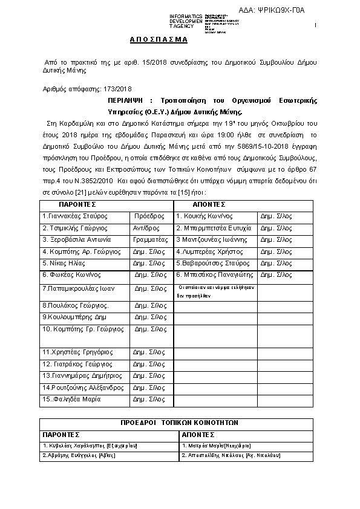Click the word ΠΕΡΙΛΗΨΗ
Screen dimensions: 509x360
129,100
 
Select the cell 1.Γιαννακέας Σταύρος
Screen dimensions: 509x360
72,232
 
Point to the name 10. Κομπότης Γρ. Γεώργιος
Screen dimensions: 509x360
79,329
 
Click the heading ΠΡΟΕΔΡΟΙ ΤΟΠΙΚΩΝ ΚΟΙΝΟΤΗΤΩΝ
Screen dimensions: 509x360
180,423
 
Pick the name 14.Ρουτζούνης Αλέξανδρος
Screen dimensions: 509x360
83,387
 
